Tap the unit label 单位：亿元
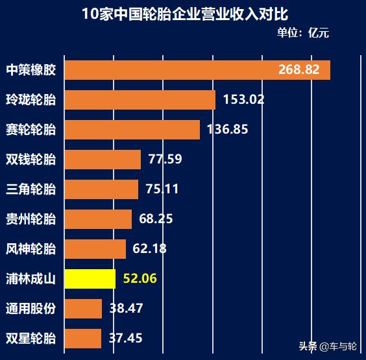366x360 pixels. [x=303, y=33]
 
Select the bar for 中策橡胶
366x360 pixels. [x=169, y=69]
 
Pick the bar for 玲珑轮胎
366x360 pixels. [x=140, y=100]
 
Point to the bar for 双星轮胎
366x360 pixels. [x=82, y=338]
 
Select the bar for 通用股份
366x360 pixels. [x=83, y=309]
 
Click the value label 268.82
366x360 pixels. [x=299, y=69]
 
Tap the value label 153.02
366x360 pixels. [x=243, y=100]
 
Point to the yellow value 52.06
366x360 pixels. [x=140, y=279]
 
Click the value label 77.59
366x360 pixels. [x=165, y=159]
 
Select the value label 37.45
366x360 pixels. [x=126, y=338]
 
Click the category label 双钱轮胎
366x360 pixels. [x=30, y=159]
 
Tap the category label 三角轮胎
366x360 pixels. [x=30, y=189]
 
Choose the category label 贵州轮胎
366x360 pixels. [x=30, y=219]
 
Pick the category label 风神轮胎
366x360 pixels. [x=30, y=248]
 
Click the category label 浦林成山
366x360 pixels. [x=30, y=279]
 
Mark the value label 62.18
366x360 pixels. [x=150, y=248]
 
